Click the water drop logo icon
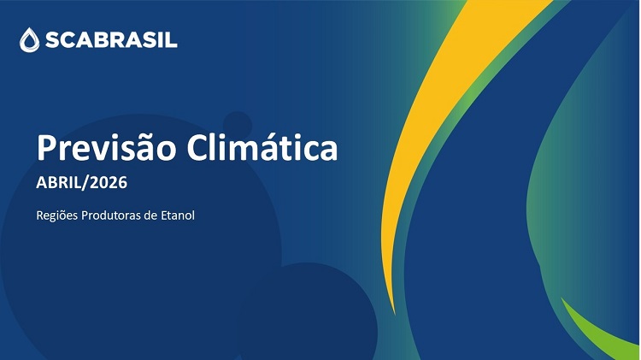[30, 38]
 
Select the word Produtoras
[113, 214]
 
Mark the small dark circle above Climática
[238, 123]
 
